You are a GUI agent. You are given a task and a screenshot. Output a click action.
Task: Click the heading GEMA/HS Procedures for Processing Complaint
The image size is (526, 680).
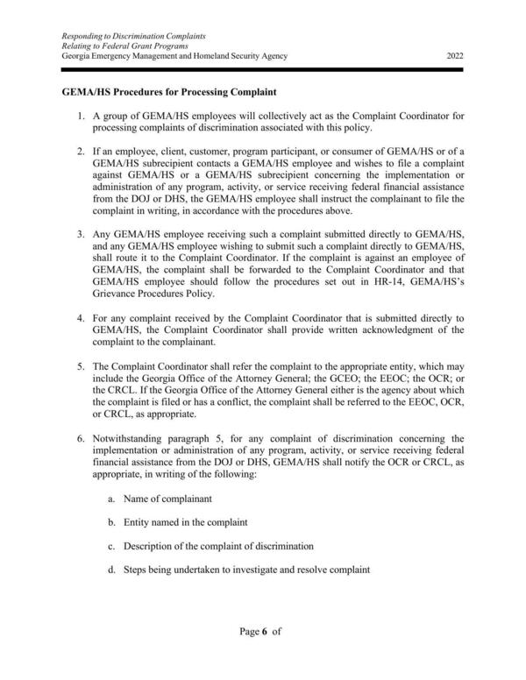(169, 91)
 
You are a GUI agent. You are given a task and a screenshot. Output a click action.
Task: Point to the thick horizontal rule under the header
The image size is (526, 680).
(263, 68)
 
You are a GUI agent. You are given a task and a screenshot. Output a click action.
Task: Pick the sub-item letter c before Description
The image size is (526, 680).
(111, 546)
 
